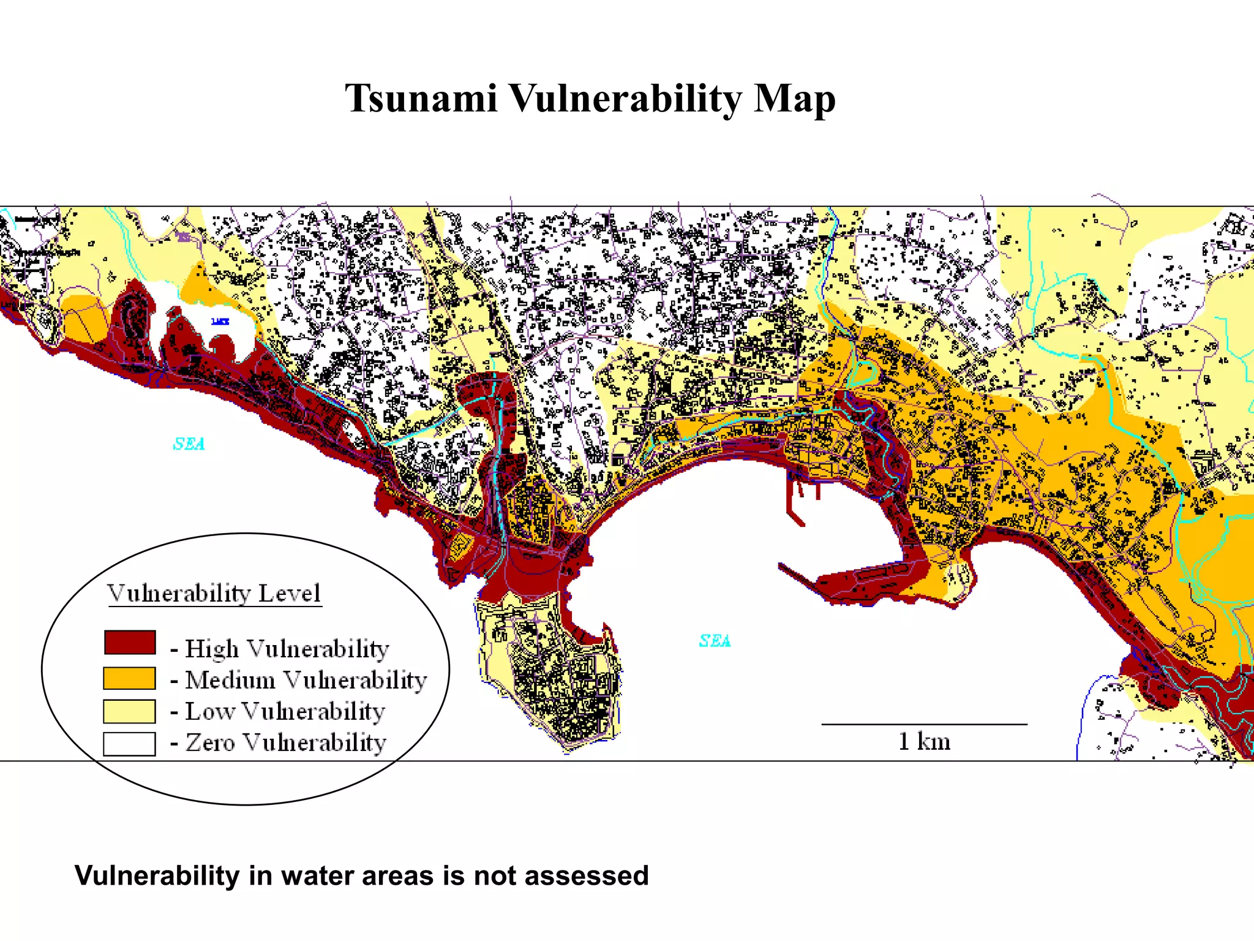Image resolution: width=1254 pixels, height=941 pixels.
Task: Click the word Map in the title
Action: pos(794,99)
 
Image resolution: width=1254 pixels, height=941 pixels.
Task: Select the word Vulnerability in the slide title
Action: pos(625,99)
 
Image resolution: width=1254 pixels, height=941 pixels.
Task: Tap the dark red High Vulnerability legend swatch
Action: pos(129,643)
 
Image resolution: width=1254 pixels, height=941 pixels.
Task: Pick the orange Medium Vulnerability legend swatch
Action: pos(129,678)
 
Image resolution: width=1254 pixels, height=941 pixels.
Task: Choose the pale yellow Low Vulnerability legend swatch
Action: pos(129,711)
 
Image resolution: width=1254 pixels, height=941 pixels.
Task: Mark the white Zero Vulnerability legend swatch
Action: pos(129,744)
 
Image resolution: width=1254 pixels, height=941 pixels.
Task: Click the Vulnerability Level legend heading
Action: pos(214,593)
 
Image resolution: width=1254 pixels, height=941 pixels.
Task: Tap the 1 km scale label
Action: pos(924,742)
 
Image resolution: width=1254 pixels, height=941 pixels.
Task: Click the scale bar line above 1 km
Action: pos(924,724)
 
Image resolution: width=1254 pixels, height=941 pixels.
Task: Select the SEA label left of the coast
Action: pos(189,444)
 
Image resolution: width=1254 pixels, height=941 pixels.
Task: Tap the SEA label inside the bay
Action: pos(715,641)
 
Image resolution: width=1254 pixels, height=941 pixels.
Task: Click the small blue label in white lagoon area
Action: pos(220,322)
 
